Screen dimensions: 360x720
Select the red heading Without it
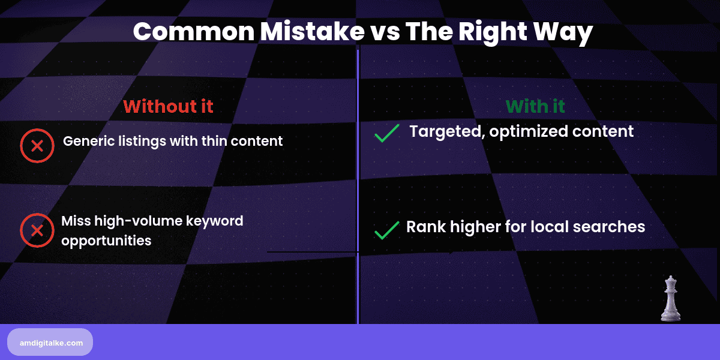tap(168, 106)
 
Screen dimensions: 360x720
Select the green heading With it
tap(535, 106)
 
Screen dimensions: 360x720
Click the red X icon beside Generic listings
tap(37, 145)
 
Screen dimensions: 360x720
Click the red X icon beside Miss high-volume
tap(37, 230)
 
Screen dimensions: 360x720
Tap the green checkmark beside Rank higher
tap(386, 230)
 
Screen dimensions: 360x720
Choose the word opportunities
tap(106, 241)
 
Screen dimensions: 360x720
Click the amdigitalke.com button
tap(50, 342)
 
